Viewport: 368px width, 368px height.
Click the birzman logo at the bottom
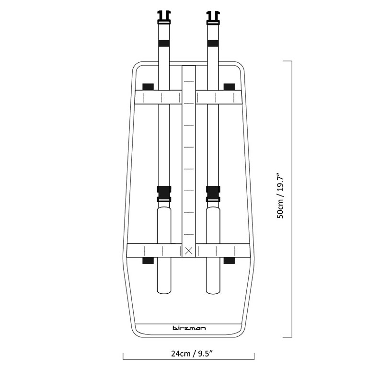pos(189,328)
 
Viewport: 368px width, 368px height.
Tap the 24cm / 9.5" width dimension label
pos(192,354)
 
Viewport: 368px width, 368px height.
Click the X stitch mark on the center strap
pos(189,251)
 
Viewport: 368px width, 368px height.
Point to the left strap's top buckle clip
pos(164,18)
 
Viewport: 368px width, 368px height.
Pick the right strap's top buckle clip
pos(213,18)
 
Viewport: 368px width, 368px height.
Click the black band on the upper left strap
pos(164,43)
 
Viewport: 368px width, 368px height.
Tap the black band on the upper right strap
pos(213,43)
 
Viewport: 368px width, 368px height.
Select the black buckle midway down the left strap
pos(164,194)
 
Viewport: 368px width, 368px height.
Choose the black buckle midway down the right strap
pos(213,194)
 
